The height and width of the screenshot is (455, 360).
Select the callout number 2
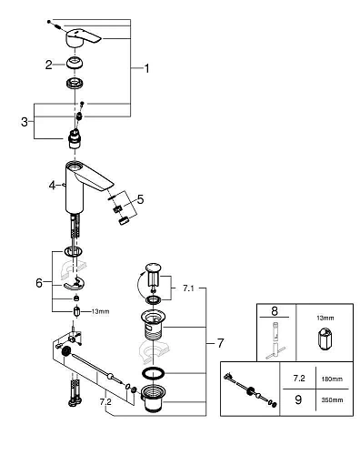tap(48, 64)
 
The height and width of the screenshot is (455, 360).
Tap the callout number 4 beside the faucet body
tap(53, 186)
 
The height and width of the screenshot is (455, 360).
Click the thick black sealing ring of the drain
tap(155, 376)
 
